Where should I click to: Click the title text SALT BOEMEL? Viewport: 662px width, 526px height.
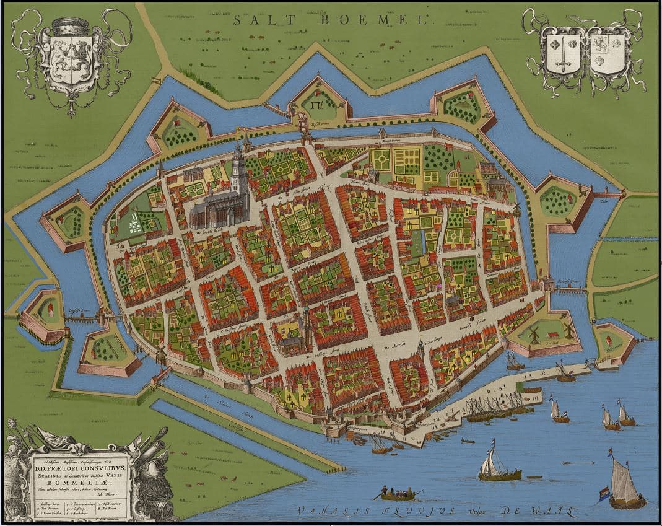330,20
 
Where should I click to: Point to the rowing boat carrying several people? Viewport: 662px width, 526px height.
397,493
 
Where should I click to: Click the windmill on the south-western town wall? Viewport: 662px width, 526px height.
161,355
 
